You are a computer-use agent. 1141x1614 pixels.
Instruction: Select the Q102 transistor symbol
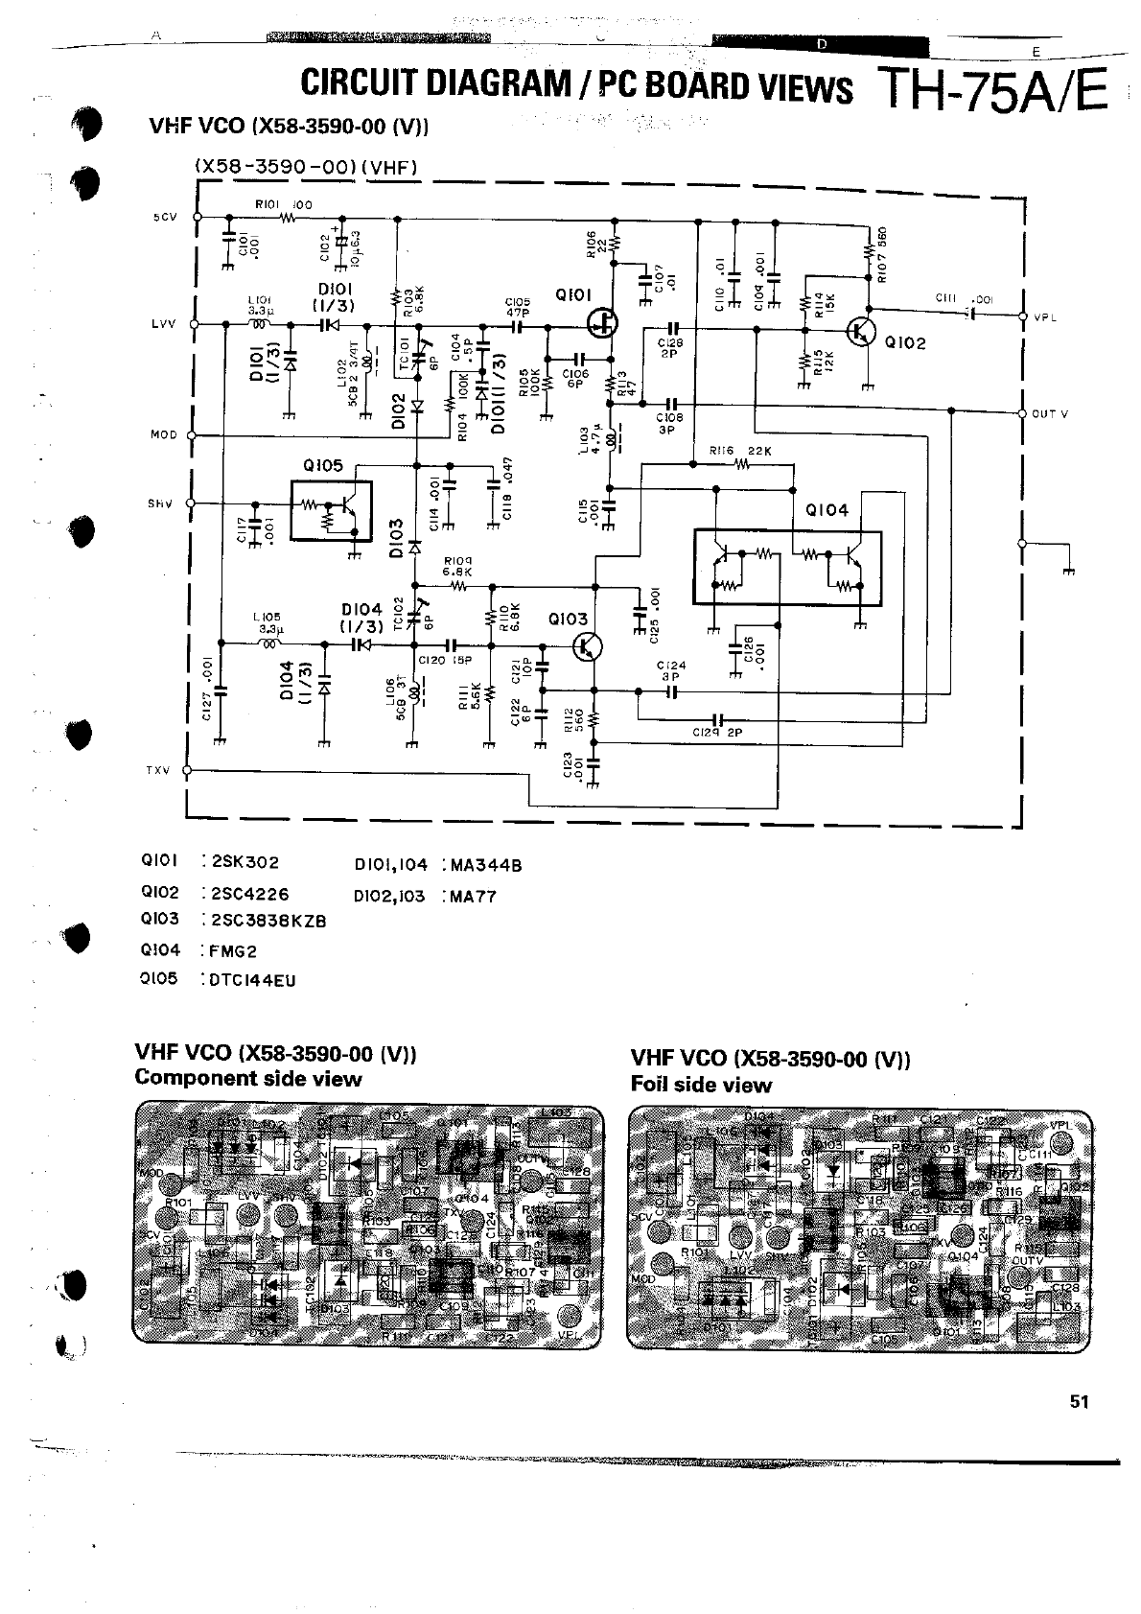[862, 331]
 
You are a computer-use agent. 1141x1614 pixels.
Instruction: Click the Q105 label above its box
[322, 466]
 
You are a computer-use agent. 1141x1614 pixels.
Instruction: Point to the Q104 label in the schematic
[827, 510]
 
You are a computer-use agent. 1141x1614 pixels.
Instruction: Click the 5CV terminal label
[165, 218]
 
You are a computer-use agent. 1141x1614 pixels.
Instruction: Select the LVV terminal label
[164, 324]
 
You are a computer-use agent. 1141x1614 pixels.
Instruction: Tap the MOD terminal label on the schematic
[164, 435]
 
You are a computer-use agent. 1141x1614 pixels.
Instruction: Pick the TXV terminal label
[157, 770]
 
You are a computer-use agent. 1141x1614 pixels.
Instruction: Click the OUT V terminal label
[1050, 414]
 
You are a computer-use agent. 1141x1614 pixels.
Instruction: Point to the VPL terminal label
[1045, 317]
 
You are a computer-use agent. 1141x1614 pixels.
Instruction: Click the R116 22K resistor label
[740, 451]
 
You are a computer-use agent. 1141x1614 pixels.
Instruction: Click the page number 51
[1080, 1401]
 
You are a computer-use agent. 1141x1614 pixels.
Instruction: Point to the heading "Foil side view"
[701, 1085]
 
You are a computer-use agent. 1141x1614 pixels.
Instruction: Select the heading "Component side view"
[248, 1078]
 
